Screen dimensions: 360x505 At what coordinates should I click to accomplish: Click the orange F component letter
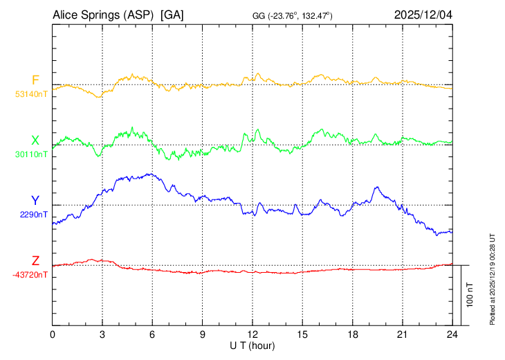(35, 80)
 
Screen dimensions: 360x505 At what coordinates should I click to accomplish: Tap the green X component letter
(35, 140)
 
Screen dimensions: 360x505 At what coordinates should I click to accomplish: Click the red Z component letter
(35, 260)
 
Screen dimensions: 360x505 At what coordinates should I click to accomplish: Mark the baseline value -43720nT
(30, 275)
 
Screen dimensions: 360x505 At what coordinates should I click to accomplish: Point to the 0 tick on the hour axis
(53, 334)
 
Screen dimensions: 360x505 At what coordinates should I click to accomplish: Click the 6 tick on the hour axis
(153, 334)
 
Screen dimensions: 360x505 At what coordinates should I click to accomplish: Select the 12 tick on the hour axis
(252, 334)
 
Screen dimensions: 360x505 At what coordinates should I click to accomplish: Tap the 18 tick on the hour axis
(352, 334)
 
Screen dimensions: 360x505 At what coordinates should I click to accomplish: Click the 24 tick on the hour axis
(452, 334)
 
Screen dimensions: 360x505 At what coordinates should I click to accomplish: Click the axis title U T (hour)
(252, 345)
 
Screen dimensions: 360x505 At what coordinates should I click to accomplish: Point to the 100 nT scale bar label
(470, 295)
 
